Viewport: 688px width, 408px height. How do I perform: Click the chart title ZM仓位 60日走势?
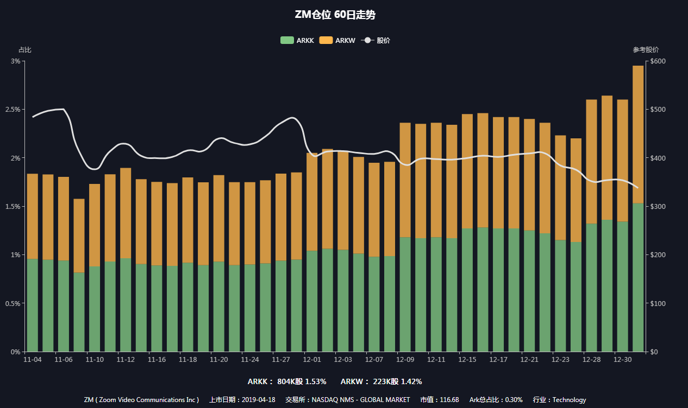pyautogui.click(x=335, y=15)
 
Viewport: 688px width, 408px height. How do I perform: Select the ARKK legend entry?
pyautogui.click(x=297, y=40)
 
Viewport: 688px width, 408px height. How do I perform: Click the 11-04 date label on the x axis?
pyautogui.click(x=33, y=360)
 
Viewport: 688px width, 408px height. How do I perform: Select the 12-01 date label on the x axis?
pyautogui.click(x=312, y=360)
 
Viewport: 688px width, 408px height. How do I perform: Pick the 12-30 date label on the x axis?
pyautogui.click(x=622, y=360)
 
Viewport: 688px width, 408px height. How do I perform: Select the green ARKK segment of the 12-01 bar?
pyautogui.click(x=312, y=301)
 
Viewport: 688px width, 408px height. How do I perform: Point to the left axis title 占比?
pyautogui.click(x=25, y=50)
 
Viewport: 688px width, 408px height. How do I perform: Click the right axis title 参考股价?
pyautogui.click(x=646, y=50)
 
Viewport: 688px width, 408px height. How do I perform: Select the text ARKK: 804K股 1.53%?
pyautogui.click(x=287, y=381)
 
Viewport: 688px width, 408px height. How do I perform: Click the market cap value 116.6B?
pyautogui.click(x=449, y=400)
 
